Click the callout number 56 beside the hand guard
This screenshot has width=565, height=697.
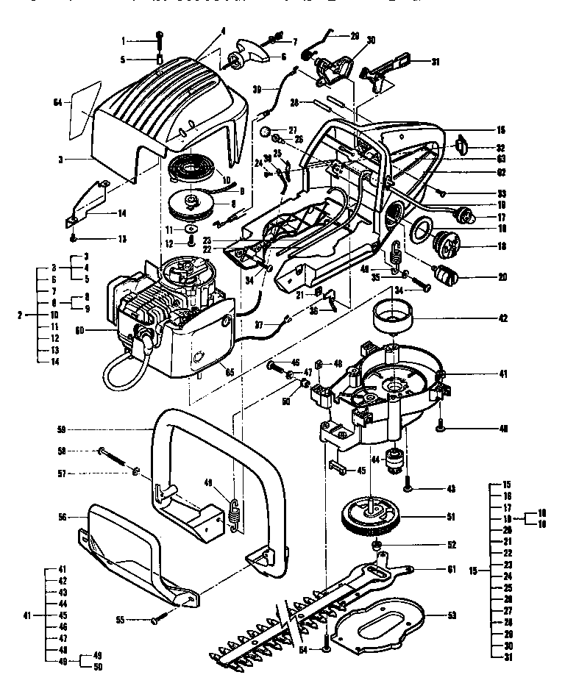tap(63, 518)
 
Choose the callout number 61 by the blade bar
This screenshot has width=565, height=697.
tap(452, 569)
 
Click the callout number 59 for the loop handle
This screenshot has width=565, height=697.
tap(63, 428)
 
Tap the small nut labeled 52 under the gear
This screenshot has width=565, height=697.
tap(377, 545)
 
